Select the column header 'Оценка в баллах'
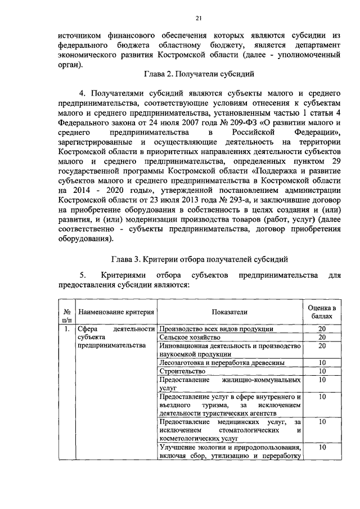[322, 312]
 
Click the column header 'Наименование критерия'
[116, 312]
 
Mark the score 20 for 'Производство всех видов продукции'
[322, 328]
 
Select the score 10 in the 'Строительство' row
[322, 371]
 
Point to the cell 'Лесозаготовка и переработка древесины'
[226, 363]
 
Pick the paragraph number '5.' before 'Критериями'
[83, 275]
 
